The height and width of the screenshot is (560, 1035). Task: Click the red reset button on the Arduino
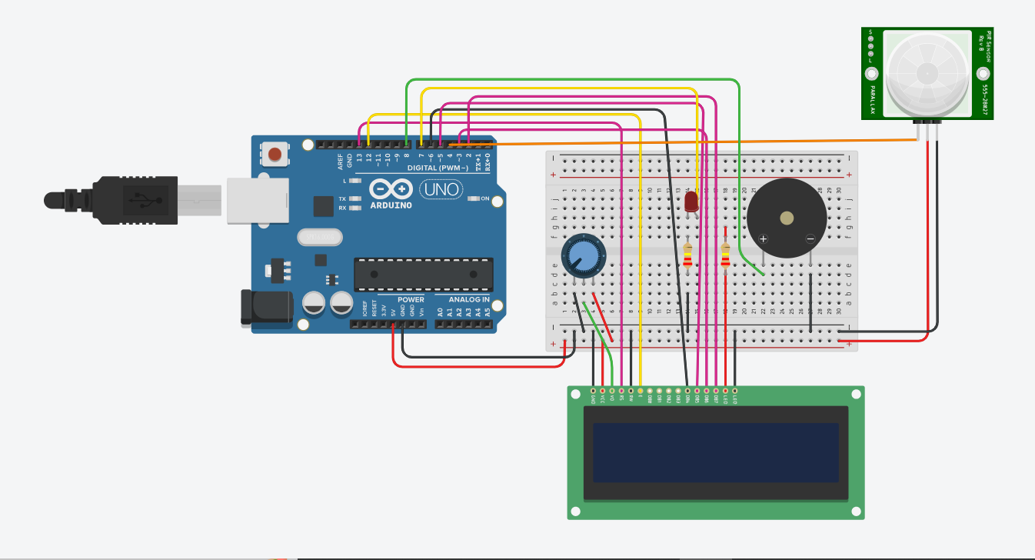coord(275,154)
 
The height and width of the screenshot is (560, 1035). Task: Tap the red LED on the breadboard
coord(691,202)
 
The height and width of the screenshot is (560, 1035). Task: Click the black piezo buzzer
coord(787,218)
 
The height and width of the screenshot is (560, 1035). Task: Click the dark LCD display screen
coord(716,452)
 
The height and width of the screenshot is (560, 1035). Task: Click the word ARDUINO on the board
coord(391,205)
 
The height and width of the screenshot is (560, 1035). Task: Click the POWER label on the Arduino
coord(411,299)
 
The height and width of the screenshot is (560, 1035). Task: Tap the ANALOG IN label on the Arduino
coord(469,299)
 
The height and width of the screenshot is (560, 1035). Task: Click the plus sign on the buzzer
coord(764,238)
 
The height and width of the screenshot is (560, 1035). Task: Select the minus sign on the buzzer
coord(810,238)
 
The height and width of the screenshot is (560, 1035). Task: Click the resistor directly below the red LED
coord(687,257)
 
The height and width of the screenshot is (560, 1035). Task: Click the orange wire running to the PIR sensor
coord(692,142)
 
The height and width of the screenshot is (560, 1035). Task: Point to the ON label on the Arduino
coord(485,198)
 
